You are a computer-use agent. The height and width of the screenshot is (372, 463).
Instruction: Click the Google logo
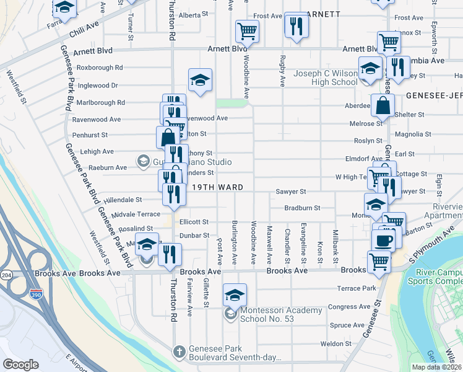click(x=20, y=365)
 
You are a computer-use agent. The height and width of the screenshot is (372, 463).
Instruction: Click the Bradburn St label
click(x=302, y=208)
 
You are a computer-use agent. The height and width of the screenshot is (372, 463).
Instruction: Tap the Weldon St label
click(x=336, y=343)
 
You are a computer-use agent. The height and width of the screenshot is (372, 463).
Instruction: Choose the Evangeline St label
click(x=303, y=242)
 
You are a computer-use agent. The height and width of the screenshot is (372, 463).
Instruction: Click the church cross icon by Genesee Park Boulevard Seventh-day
click(x=178, y=352)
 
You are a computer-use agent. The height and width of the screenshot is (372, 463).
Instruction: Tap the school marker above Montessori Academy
click(x=235, y=294)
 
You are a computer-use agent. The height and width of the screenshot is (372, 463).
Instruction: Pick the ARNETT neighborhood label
click(x=321, y=14)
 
